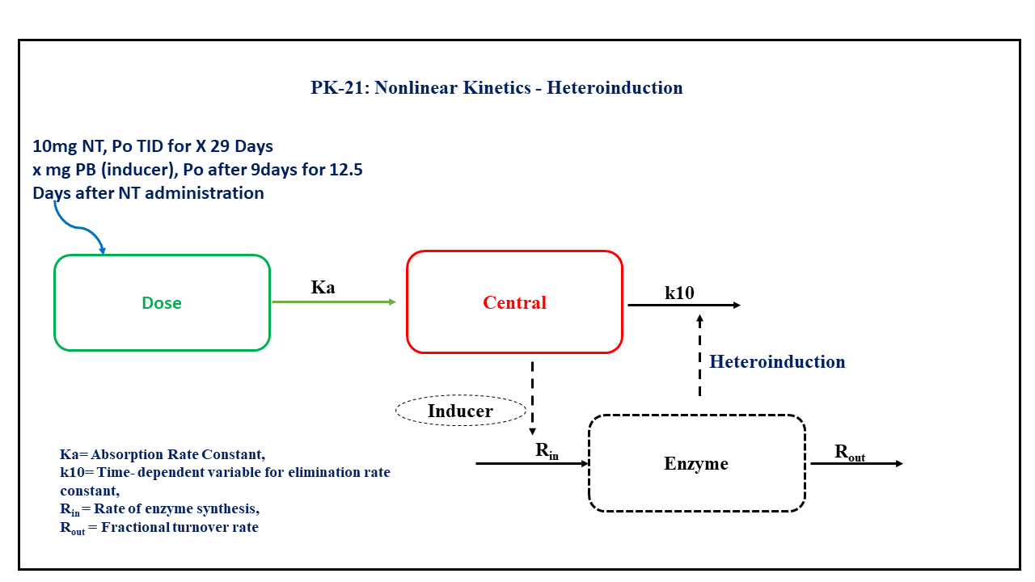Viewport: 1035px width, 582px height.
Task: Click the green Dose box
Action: pos(162,303)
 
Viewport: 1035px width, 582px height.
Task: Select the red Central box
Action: pos(514,302)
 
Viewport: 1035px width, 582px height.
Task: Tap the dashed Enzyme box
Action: pos(696,463)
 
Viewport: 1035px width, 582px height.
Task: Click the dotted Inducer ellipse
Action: pos(460,411)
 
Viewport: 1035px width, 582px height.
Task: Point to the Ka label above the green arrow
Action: pos(323,287)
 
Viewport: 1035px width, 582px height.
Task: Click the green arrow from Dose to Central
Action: pos(333,302)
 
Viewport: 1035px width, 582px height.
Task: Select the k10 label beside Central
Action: pos(679,293)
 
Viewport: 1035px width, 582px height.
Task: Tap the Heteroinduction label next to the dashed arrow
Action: pos(777,361)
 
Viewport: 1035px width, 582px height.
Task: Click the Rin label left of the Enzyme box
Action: pos(547,451)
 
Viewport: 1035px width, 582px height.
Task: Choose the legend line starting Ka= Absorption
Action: pos(163,454)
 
